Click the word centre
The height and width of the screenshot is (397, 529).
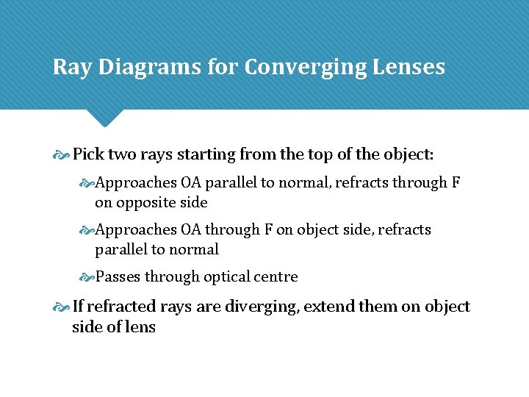pyautogui.click(x=274, y=277)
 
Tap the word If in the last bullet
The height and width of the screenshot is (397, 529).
pyautogui.click(x=79, y=307)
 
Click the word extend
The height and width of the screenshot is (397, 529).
pyautogui.click(x=328, y=307)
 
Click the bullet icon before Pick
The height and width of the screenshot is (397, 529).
pyautogui.click(x=62, y=156)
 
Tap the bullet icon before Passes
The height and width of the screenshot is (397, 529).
pyautogui.click(x=87, y=278)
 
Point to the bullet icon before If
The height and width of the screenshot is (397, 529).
pyautogui.click(x=62, y=307)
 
